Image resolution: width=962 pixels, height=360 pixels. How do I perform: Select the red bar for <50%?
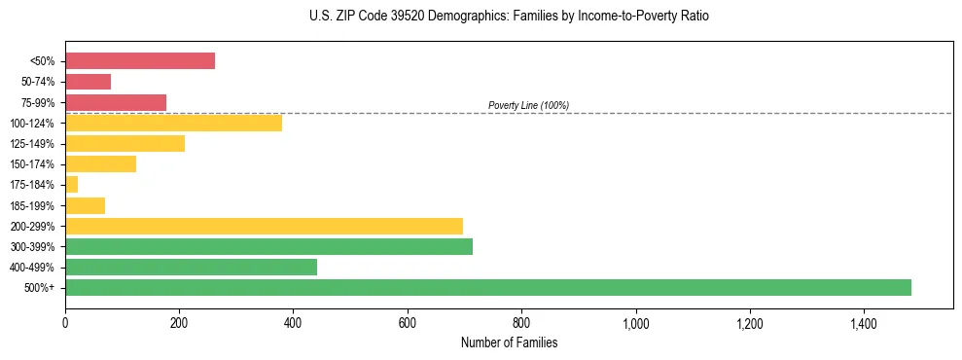(140, 60)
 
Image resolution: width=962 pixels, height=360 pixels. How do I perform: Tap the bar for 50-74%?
(88, 82)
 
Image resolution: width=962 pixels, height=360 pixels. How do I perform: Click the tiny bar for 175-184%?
(71, 184)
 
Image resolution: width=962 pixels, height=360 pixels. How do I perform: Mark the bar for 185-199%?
(85, 205)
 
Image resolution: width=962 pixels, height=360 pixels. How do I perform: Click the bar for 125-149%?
(125, 143)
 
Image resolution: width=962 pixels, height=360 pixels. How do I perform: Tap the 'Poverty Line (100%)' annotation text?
(528, 105)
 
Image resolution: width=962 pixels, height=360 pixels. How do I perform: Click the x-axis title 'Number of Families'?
(509, 342)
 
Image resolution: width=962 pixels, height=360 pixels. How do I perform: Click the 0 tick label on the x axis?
(65, 323)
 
